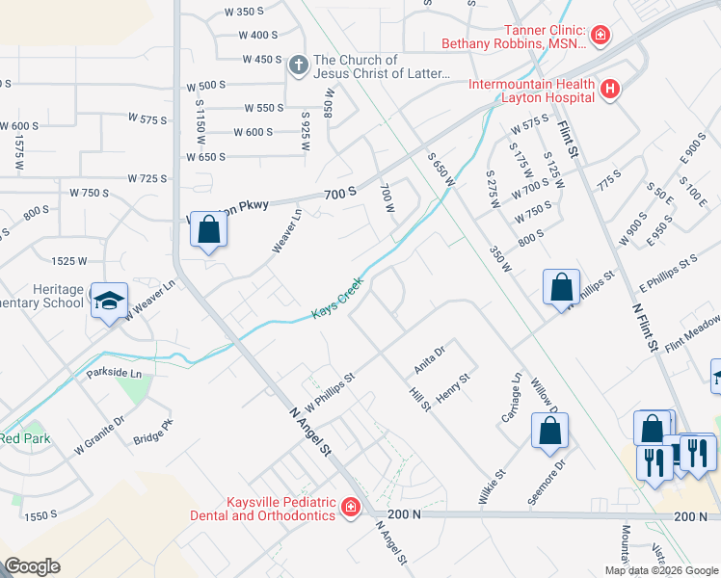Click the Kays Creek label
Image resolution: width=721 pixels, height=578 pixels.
[x=337, y=301]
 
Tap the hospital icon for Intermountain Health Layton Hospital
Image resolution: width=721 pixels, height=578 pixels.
[x=609, y=91]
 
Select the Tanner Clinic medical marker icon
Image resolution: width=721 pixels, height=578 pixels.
[x=601, y=36]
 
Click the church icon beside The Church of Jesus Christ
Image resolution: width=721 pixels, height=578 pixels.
[x=299, y=66]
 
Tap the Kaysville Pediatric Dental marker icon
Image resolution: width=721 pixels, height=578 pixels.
[x=350, y=507]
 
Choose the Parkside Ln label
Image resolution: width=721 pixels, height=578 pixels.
[x=115, y=373]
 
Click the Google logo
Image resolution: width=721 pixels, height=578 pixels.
[x=32, y=566]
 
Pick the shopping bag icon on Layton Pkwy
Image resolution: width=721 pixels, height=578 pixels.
[x=208, y=231]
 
